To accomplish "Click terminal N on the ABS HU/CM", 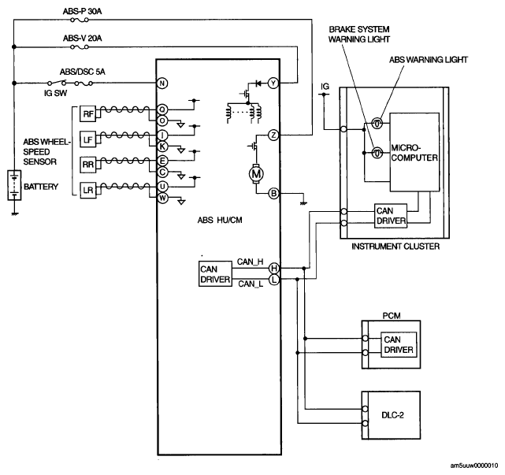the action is click(x=162, y=83).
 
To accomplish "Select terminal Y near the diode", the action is click(x=273, y=83).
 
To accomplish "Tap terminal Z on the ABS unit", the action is click(x=273, y=135).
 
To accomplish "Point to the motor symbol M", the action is click(x=256, y=174).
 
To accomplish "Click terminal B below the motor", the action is click(x=273, y=194).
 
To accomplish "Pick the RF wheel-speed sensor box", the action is click(x=88, y=114).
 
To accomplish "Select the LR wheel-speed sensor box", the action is click(x=88, y=190).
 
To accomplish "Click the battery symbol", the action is click(x=14, y=186).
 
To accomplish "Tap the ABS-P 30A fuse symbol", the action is click(x=80, y=20).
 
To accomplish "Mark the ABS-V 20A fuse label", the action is click(x=83, y=39).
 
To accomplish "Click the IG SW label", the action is click(x=55, y=94).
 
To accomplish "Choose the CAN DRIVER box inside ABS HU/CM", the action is click(x=215, y=274).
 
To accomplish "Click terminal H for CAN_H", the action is click(x=273, y=268).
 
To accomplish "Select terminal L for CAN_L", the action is click(x=273, y=280).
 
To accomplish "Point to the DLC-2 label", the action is click(x=392, y=415).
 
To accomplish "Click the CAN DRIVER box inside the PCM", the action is click(x=399, y=344).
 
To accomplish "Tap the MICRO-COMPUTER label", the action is click(x=414, y=153).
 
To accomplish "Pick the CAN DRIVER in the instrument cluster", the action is click(x=391, y=216).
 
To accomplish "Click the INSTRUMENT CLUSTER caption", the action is click(x=395, y=247).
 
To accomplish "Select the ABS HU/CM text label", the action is click(x=220, y=221).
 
